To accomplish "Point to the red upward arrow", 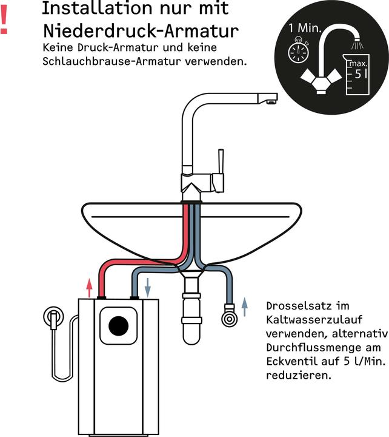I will [89, 286].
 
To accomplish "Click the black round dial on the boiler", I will [119, 325].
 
